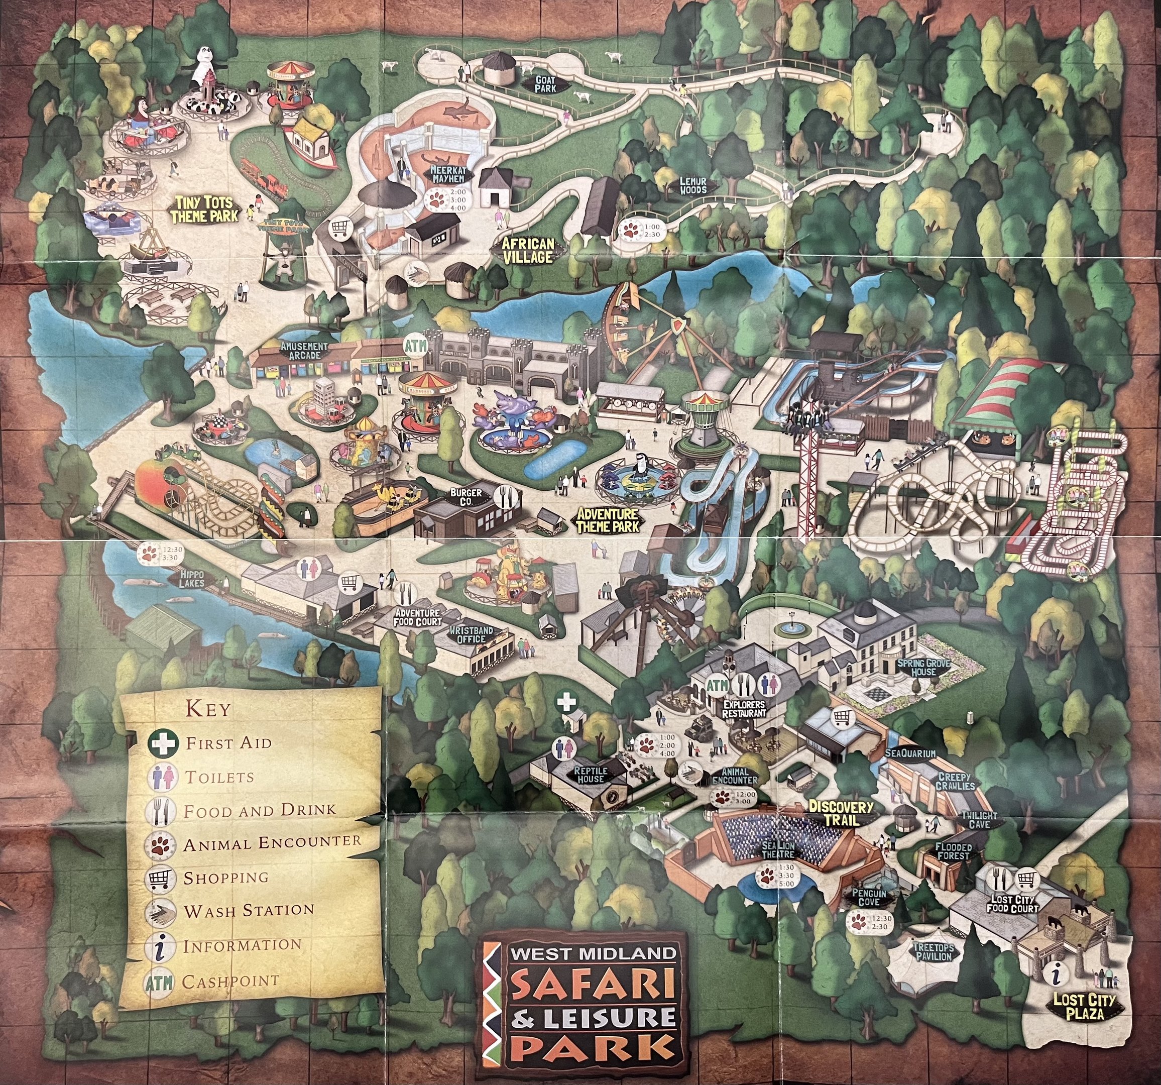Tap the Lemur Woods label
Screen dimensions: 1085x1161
692,186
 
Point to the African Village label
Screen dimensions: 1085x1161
530,250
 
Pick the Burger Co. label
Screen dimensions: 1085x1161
466,497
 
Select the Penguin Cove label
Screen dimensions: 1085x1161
869,898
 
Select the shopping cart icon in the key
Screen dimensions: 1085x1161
162,877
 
